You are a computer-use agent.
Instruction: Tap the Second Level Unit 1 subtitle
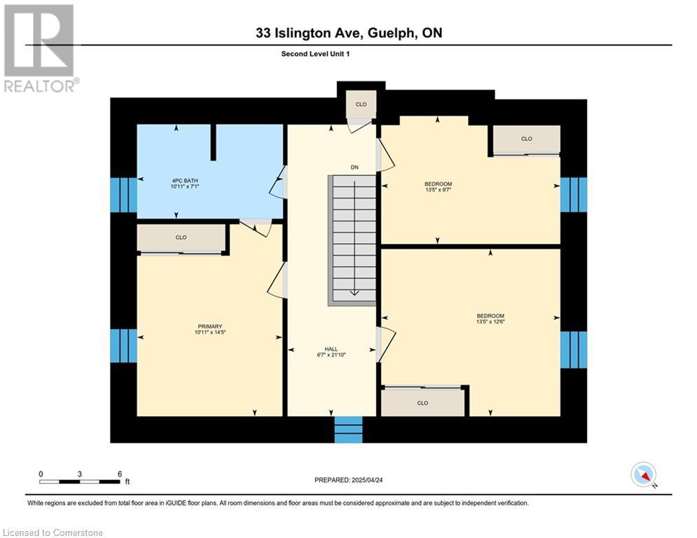(x=316, y=54)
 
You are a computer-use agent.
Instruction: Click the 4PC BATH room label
(x=185, y=181)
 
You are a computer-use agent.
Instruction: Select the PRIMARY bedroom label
(x=210, y=326)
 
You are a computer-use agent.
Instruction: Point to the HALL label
(x=331, y=349)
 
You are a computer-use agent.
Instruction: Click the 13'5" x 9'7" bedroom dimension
(x=439, y=190)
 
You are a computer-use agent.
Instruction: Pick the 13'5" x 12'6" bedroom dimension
(x=491, y=322)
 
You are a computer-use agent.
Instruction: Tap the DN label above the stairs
(x=354, y=167)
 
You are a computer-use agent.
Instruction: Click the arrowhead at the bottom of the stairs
(x=354, y=293)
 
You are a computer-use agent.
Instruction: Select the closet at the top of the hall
(x=361, y=104)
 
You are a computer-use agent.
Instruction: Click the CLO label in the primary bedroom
(x=181, y=237)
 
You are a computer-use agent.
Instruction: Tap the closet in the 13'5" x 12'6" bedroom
(x=422, y=403)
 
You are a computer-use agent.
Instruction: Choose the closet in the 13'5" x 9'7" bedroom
(x=527, y=139)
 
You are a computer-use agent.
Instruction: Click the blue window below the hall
(x=349, y=429)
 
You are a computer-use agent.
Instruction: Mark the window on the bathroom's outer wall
(x=123, y=195)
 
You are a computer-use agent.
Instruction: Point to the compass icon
(x=643, y=474)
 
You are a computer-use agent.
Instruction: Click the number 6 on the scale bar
(x=120, y=474)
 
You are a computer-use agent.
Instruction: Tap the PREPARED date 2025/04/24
(x=367, y=480)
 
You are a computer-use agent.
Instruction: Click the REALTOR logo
(x=39, y=49)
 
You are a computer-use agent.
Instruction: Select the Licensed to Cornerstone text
(x=53, y=532)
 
